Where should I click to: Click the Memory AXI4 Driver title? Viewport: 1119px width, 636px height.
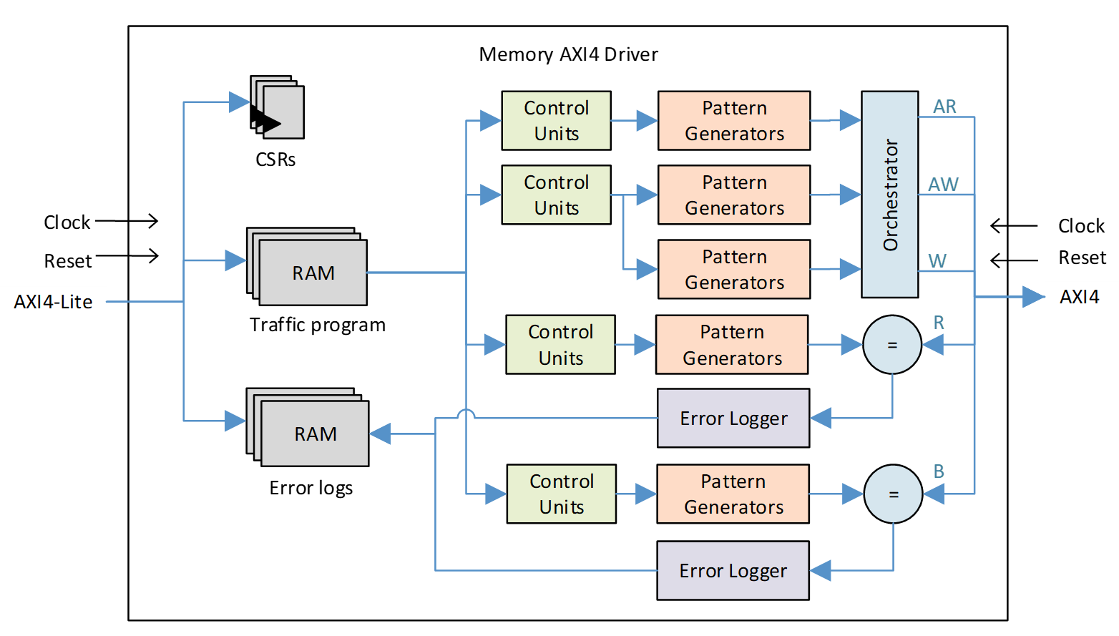click(x=568, y=54)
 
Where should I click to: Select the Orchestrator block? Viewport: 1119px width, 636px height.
click(x=889, y=194)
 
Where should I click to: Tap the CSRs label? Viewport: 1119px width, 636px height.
click(x=275, y=160)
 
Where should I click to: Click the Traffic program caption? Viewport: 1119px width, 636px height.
click(x=317, y=325)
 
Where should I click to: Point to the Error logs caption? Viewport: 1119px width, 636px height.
click(x=311, y=488)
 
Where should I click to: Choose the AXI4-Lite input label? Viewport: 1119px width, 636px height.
click(x=53, y=302)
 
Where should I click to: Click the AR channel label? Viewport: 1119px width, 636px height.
click(x=944, y=107)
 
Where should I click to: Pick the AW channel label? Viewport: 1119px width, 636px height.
click(x=943, y=185)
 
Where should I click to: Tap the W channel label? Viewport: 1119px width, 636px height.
click(x=937, y=261)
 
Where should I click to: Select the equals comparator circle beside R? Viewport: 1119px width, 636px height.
click(x=891, y=345)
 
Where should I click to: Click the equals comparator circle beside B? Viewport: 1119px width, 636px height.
click(x=893, y=494)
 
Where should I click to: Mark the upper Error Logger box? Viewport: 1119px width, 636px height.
click(x=733, y=419)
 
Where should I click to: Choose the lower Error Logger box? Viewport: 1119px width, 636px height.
click(x=733, y=571)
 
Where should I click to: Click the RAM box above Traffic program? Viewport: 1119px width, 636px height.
click(x=313, y=273)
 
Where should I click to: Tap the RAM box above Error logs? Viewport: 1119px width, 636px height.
click(x=315, y=434)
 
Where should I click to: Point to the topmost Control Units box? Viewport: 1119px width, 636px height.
click(x=556, y=121)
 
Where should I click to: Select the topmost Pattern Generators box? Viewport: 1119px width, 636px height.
click(x=734, y=121)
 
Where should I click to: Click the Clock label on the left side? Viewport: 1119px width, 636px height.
click(x=67, y=222)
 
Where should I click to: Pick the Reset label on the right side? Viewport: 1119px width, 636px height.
click(x=1082, y=258)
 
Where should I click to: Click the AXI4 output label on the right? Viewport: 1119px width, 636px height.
click(x=1079, y=297)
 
